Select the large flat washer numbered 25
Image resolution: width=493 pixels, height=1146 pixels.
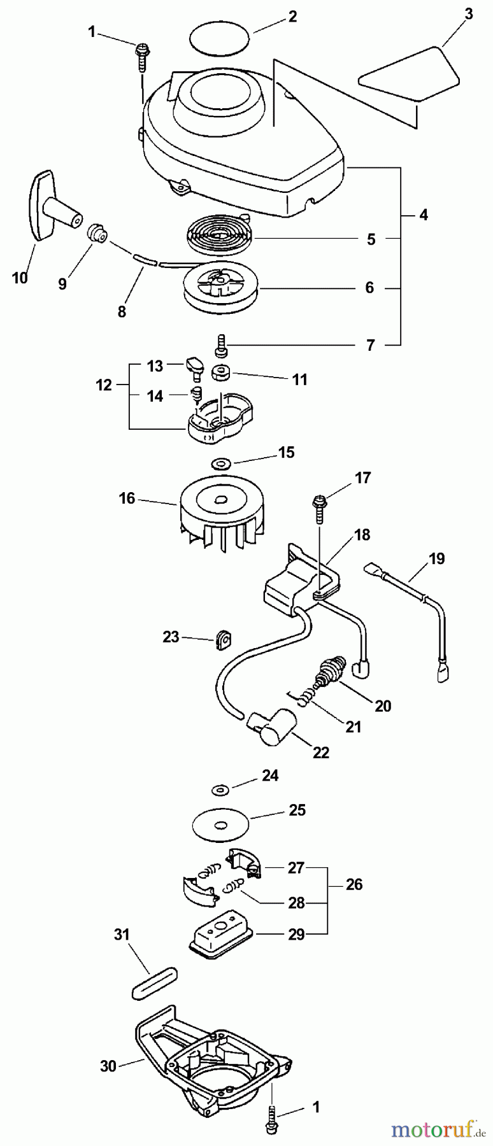pyautogui.click(x=221, y=826)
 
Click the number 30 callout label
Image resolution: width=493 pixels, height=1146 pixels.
pyautogui.click(x=108, y=1065)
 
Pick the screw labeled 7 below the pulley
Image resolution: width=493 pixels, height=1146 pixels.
pyautogui.click(x=221, y=346)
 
